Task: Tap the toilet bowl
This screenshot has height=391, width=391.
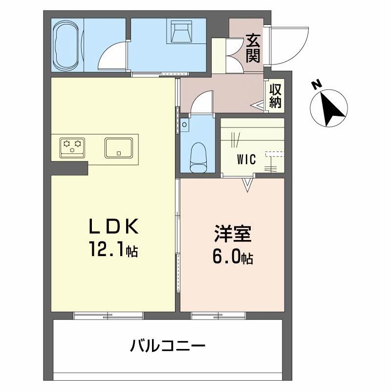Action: point(198,157)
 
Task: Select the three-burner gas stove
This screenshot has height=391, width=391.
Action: point(72,148)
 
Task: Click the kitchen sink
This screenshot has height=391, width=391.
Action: point(118,148)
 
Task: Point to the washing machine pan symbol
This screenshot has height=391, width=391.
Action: point(181,31)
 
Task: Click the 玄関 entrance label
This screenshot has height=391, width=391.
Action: point(253,48)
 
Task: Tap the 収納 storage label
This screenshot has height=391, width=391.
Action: point(275,96)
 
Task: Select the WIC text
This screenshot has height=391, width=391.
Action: point(246,159)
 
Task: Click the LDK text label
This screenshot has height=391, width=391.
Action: point(114,226)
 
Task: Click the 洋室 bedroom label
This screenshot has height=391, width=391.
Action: point(233,234)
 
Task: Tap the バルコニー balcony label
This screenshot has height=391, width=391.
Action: point(168,346)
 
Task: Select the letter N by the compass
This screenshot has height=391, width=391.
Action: point(317,85)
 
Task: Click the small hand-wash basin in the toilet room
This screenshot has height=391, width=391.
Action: point(185,124)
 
